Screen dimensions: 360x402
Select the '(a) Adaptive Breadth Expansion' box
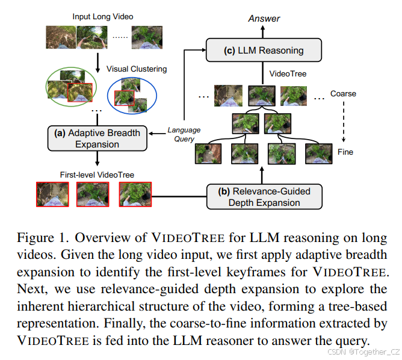[x=97, y=138]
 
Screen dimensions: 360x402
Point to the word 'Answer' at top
[x=264, y=19]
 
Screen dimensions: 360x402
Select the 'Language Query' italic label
[x=184, y=134]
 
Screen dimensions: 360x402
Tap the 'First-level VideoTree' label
[x=96, y=175]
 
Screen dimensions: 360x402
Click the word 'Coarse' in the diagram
[x=343, y=94]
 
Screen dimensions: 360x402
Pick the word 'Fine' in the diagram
[x=345, y=152]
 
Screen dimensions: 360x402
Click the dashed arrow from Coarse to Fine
[x=344, y=123]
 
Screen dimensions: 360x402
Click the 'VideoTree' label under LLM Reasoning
[x=288, y=74]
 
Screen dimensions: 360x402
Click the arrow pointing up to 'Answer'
[x=264, y=32]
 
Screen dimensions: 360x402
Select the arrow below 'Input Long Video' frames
[x=96, y=61]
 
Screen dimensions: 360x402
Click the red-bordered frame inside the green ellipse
[x=81, y=92]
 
